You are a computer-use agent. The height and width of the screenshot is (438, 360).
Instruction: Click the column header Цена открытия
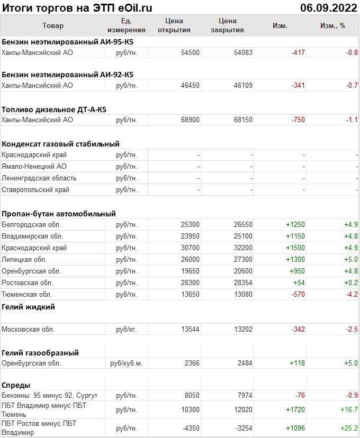pos(174,25)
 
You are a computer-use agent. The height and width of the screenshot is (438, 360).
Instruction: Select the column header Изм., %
pos(332,25)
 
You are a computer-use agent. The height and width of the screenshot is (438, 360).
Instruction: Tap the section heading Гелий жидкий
pos(28,307)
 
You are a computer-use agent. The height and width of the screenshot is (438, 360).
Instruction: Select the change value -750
pos(298,120)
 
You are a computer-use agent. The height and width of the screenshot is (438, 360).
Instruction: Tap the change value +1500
pos(295,248)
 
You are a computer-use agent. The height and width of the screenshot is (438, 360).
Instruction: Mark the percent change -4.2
pos(351,295)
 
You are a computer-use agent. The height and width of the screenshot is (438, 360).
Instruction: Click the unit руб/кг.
pos(127,330)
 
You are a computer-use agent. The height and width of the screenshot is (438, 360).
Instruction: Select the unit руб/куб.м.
pos(127,363)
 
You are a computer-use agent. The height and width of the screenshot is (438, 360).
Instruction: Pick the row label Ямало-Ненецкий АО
pos(34,167)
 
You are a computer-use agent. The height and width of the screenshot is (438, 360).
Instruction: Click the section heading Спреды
pos(16,385)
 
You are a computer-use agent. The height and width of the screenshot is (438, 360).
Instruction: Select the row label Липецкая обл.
pos(24,260)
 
